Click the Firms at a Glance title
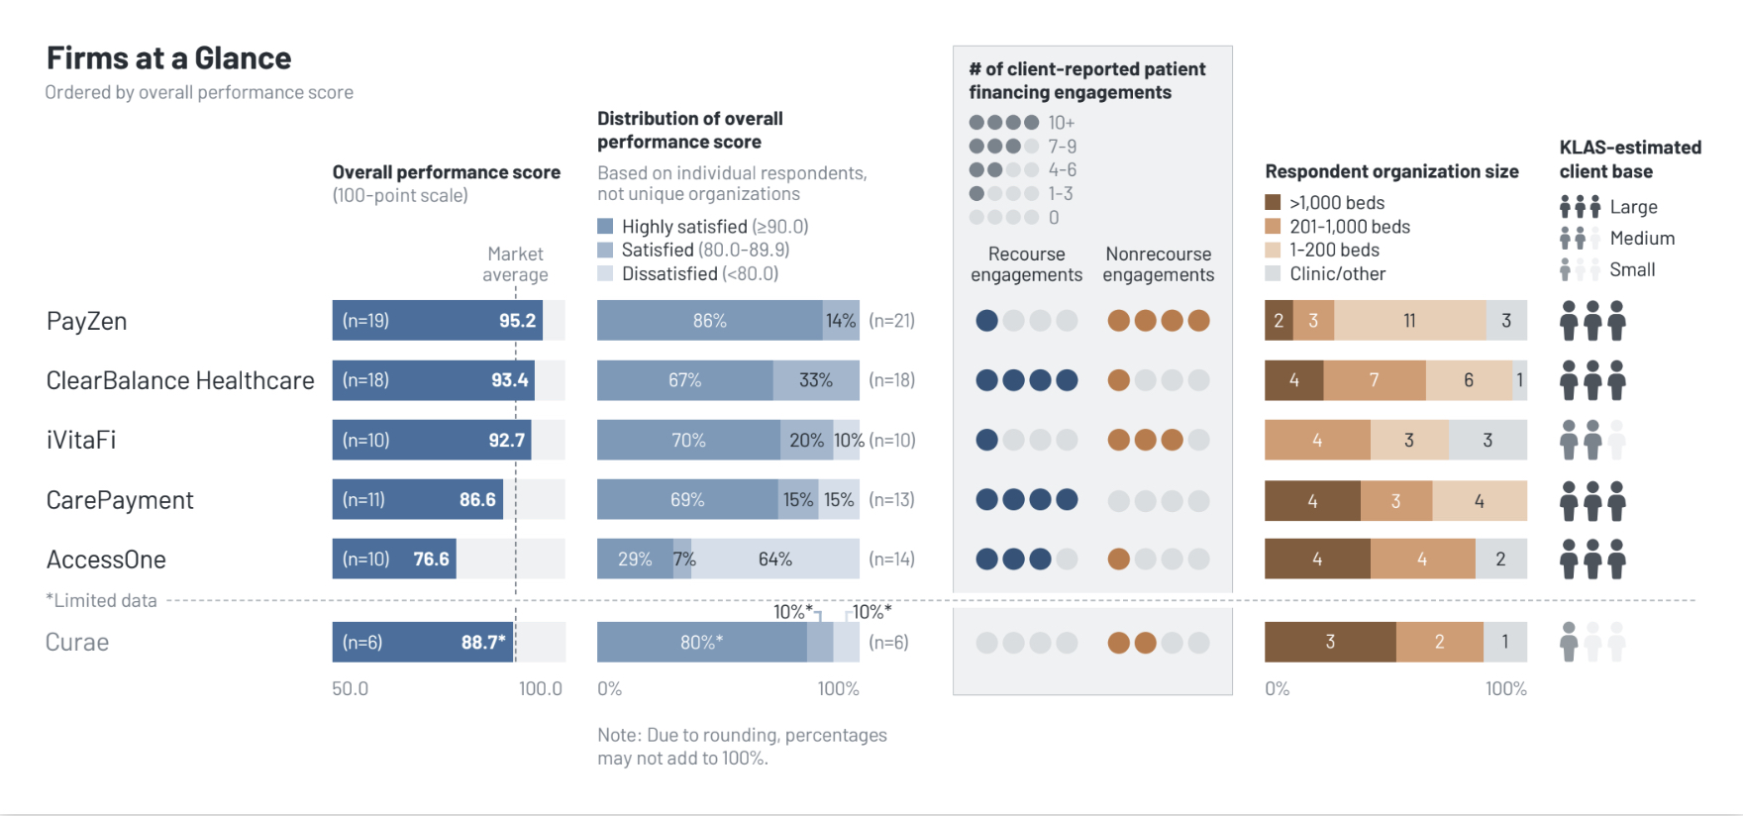point(168,58)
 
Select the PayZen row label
point(86,321)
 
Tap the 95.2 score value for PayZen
point(517,321)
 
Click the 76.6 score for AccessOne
point(431,560)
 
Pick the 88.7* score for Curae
point(483,643)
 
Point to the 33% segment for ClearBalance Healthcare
point(816,380)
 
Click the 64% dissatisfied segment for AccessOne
point(775,560)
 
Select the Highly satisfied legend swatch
point(605,226)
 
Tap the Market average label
point(515,264)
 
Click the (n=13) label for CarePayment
point(891,500)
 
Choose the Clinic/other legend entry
point(1337,274)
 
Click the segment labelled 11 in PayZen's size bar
point(1409,321)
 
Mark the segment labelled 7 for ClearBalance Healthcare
point(1374,380)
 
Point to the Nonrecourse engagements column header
point(1158,264)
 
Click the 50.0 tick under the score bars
point(350,688)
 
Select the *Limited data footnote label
point(101,600)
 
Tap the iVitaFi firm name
point(81,440)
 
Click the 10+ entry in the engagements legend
point(1061,123)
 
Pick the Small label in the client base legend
point(1632,269)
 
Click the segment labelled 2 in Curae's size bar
point(1439,643)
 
